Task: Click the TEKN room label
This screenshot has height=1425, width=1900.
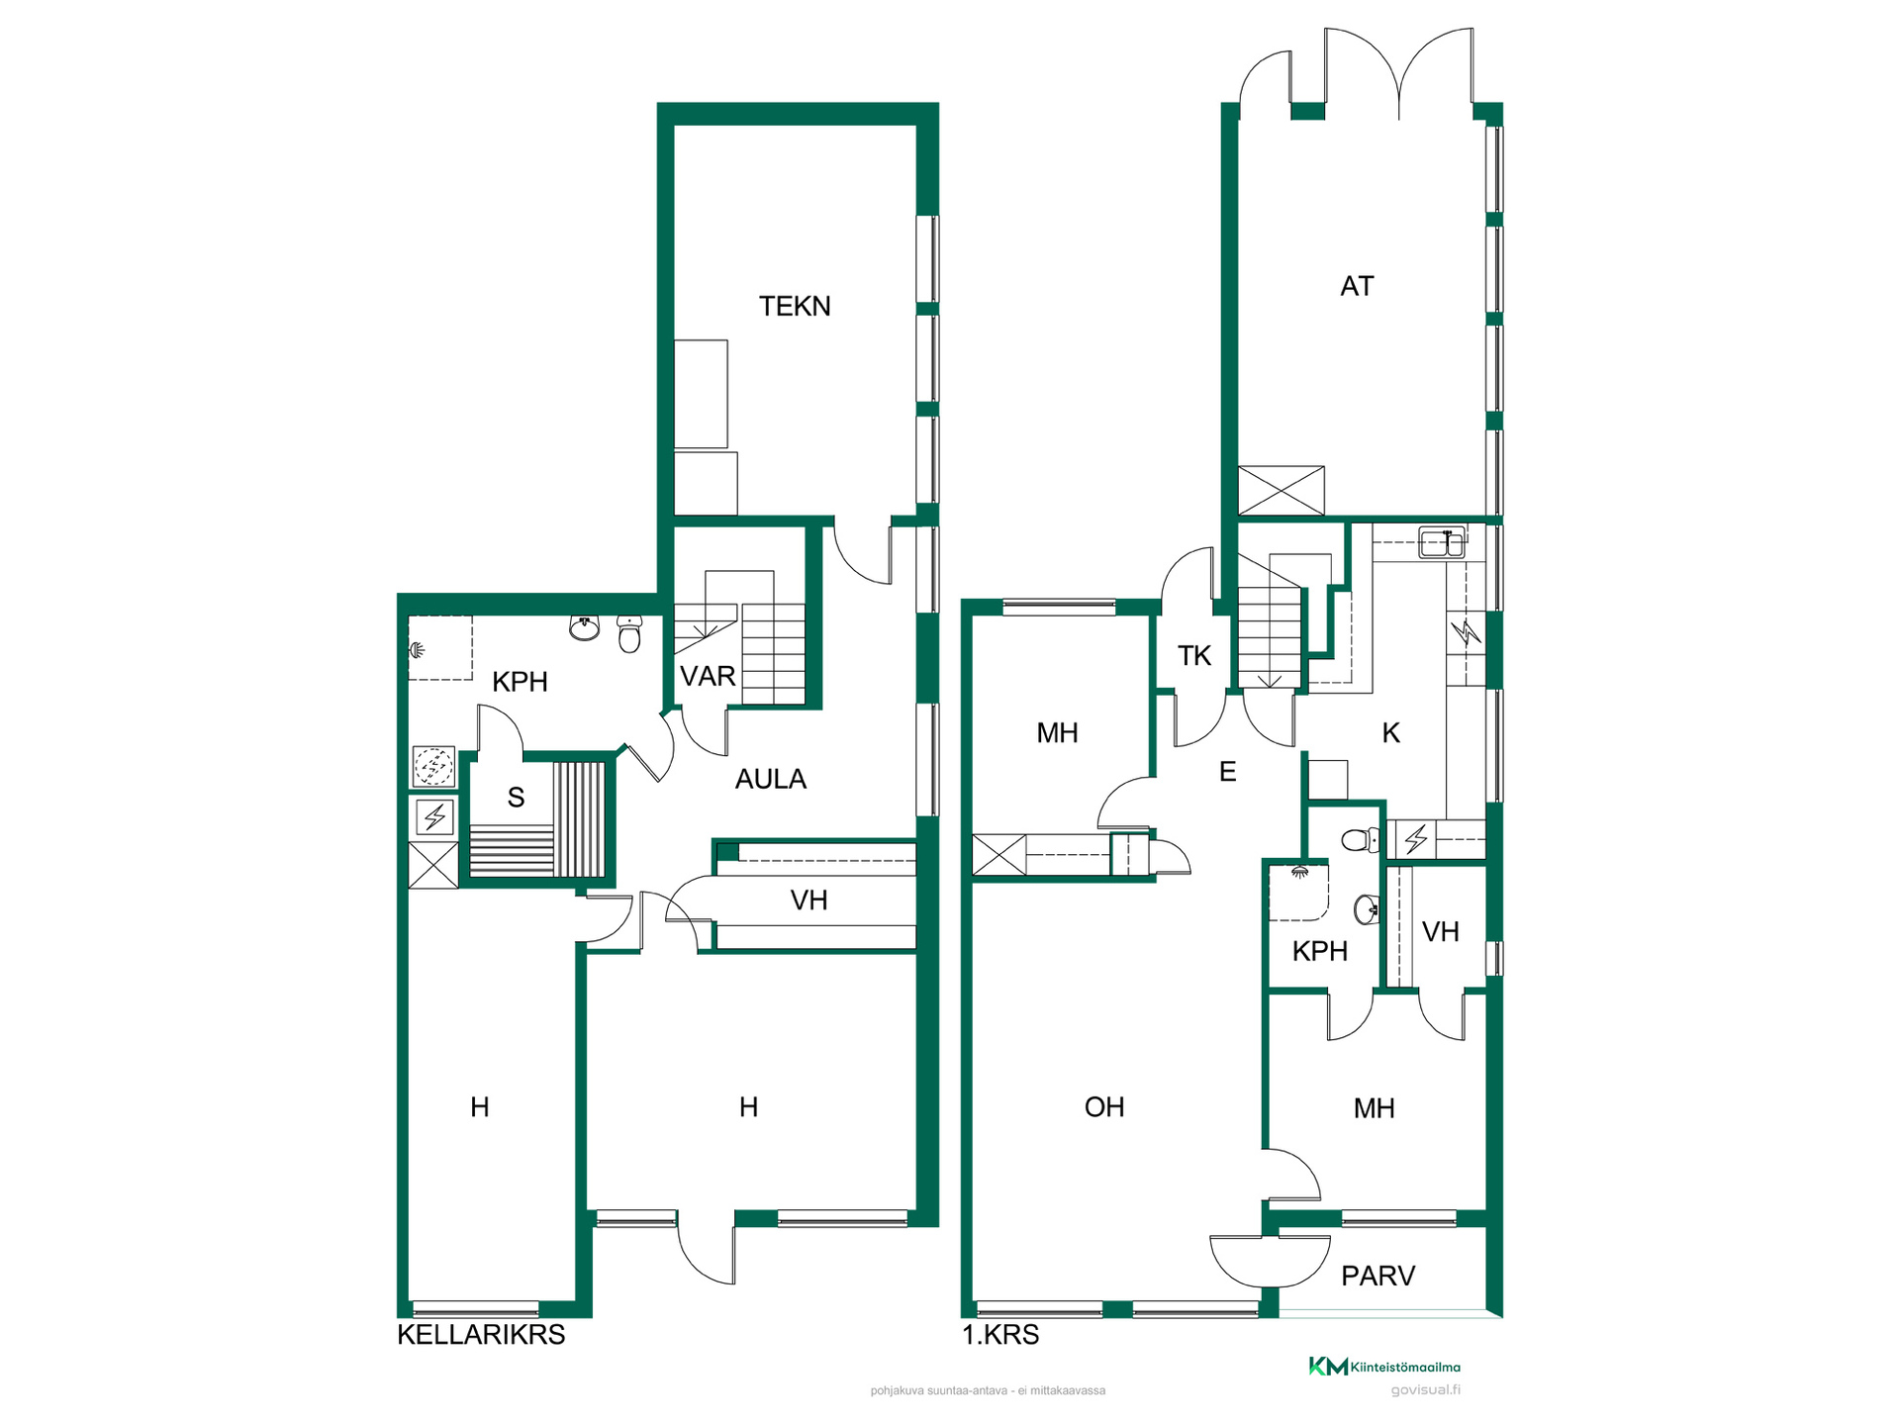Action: click(x=795, y=307)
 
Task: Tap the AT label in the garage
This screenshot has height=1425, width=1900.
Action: click(x=1357, y=287)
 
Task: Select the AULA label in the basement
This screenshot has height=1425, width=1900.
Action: click(x=771, y=780)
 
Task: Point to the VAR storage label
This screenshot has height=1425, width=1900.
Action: click(x=708, y=677)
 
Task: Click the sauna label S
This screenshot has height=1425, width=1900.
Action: click(x=516, y=798)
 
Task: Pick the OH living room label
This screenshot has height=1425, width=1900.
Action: click(x=1104, y=1107)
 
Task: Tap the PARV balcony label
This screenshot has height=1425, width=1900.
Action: click(x=1377, y=1277)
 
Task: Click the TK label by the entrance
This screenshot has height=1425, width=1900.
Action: click(x=1194, y=656)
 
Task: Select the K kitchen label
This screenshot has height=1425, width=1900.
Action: click(x=1390, y=733)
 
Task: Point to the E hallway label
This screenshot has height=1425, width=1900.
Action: click(x=1228, y=772)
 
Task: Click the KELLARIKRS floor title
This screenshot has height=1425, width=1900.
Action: click(x=481, y=1335)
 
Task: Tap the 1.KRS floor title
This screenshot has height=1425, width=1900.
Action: click(x=1000, y=1335)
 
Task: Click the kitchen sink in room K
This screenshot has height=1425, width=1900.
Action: click(x=1442, y=543)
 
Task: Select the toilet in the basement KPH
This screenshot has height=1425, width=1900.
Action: click(x=629, y=633)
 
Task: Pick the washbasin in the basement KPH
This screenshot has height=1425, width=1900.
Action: click(x=585, y=627)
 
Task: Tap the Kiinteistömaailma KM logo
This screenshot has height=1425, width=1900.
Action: click(x=1384, y=1367)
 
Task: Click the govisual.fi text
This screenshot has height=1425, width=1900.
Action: click(x=1425, y=1390)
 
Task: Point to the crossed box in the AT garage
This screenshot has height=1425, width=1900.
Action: click(x=1282, y=491)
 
